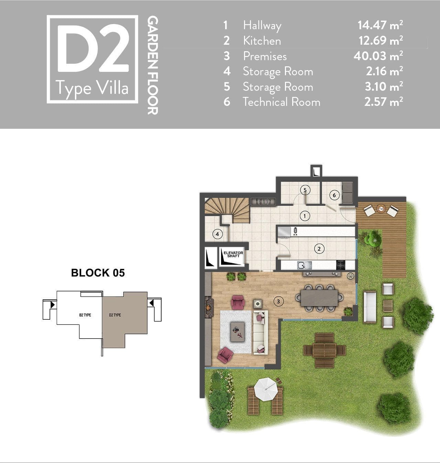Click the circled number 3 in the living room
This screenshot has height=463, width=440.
click(x=278, y=301)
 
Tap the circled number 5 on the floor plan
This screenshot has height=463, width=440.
click(x=305, y=190)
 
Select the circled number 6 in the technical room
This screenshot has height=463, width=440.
click(x=334, y=195)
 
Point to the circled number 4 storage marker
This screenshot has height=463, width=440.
click(x=217, y=234)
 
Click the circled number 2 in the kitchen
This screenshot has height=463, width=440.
click(x=319, y=249)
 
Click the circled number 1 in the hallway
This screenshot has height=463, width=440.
click(x=305, y=216)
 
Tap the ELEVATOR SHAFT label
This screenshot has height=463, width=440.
click(x=233, y=254)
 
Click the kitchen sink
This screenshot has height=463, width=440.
click(x=305, y=265)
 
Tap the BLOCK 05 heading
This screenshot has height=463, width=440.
click(x=98, y=273)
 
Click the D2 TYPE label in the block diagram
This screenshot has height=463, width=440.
click(x=115, y=315)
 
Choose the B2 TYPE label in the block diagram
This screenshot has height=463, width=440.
click(x=85, y=315)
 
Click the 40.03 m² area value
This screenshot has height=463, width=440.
click(x=378, y=56)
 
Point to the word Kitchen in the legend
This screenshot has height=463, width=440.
click(x=262, y=41)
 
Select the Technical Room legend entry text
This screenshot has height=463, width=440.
click(x=282, y=102)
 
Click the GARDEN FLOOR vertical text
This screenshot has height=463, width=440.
click(x=152, y=65)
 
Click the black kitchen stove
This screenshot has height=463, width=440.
click(x=341, y=265)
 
